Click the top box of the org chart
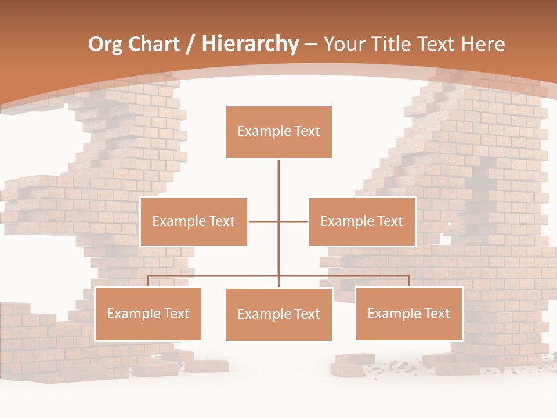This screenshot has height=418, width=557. coord(278,132)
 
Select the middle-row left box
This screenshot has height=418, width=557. coord(194,221)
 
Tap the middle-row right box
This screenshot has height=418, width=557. coord(362,221)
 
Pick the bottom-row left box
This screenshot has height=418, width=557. coord(148,313)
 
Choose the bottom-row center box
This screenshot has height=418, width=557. coord(278,314)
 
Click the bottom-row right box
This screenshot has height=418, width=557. coord(409,313)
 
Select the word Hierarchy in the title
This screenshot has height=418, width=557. coord(250,45)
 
